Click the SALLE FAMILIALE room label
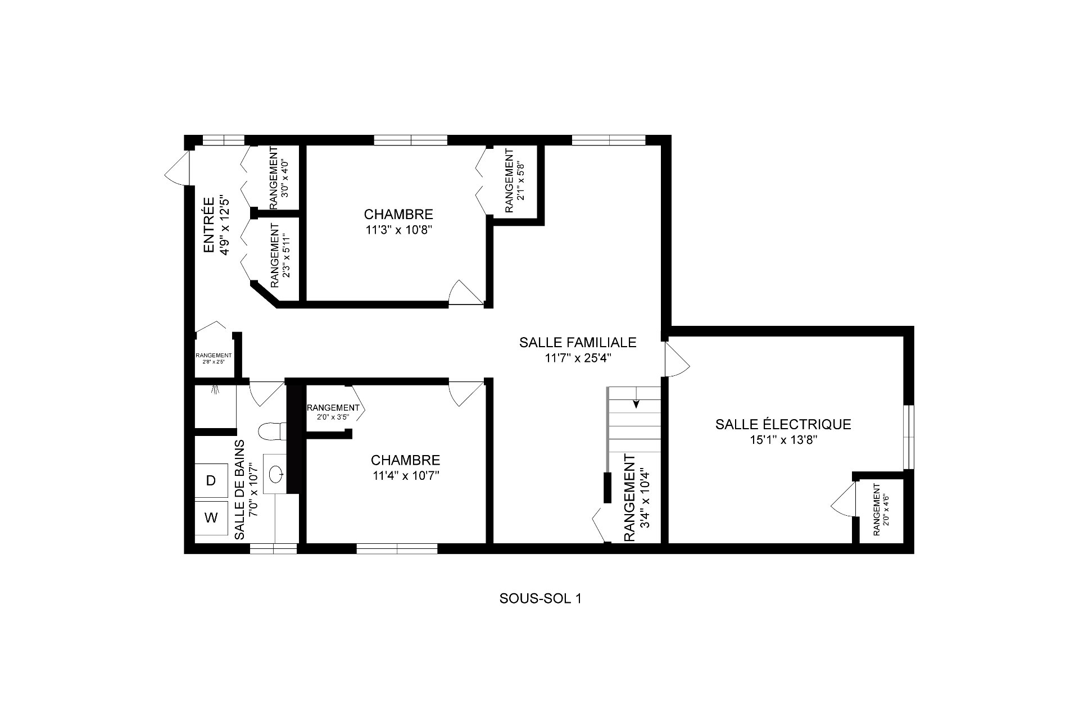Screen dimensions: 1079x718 (578, 342)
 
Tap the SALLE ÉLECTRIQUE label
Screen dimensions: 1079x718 (783, 424)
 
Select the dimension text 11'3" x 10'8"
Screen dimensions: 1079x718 (398, 229)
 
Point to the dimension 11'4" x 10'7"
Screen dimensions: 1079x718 (405, 475)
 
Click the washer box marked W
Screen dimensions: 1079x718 (211, 517)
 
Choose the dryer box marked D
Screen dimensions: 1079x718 (211, 480)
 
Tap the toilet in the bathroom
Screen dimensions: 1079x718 (273, 431)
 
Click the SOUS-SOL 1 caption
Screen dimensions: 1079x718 (540, 598)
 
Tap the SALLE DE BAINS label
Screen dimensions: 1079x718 (239, 489)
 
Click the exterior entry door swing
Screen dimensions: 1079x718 (176, 167)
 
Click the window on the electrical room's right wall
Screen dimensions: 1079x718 (909, 437)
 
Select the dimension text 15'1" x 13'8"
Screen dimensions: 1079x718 (783, 440)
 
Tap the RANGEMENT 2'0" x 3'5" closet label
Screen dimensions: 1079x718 (333, 412)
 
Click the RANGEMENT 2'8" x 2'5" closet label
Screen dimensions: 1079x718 (214, 358)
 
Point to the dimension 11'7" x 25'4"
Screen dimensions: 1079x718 (578, 358)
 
